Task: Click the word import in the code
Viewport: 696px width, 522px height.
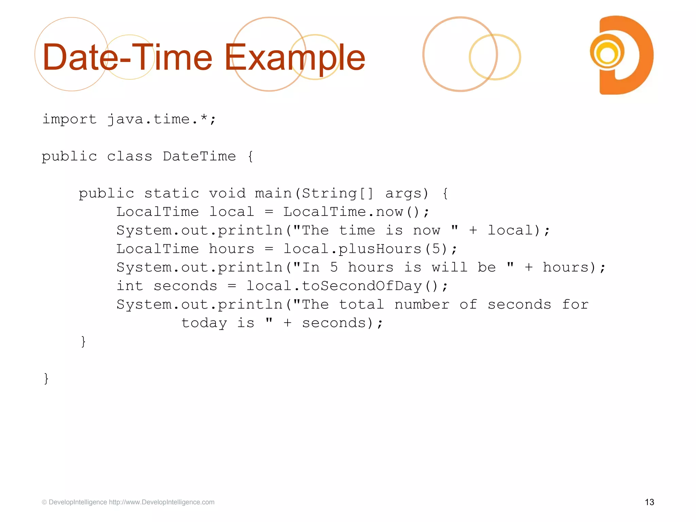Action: (x=69, y=119)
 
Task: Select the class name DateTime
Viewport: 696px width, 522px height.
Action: (x=199, y=156)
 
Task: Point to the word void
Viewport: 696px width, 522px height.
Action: (x=227, y=193)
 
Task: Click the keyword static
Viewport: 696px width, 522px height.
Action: (x=172, y=193)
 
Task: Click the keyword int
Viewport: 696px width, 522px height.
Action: (x=130, y=286)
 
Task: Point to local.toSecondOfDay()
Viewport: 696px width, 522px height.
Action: (x=347, y=286)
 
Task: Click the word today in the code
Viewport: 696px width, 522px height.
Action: (x=204, y=323)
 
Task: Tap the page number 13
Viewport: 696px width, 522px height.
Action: (x=649, y=502)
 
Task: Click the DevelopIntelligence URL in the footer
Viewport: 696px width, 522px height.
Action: (x=162, y=502)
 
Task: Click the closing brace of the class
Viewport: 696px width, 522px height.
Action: (x=46, y=378)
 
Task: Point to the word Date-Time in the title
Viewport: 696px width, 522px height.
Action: (x=127, y=58)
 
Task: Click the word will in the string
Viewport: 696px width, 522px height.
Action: (x=450, y=267)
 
